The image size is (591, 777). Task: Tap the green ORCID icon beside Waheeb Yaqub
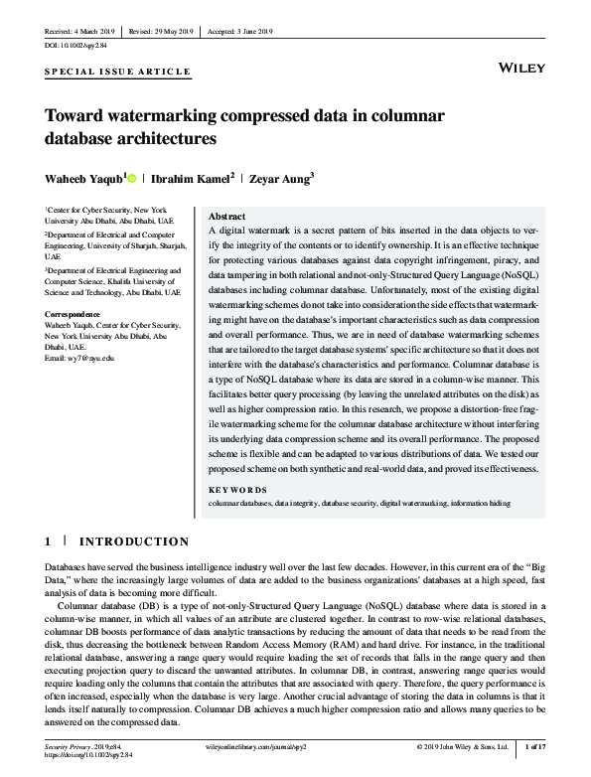click(x=132, y=178)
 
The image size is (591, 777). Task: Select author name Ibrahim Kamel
click(x=192, y=179)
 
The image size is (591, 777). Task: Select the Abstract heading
click(x=227, y=216)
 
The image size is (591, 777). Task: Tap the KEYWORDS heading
click(x=237, y=490)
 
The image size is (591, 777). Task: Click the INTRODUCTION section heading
click(x=133, y=542)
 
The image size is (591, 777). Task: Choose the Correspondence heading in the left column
click(x=74, y=314)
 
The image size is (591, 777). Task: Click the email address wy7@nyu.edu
click(x=79, y=357)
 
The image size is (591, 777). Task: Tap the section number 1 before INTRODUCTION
click(x=48, y=542)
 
